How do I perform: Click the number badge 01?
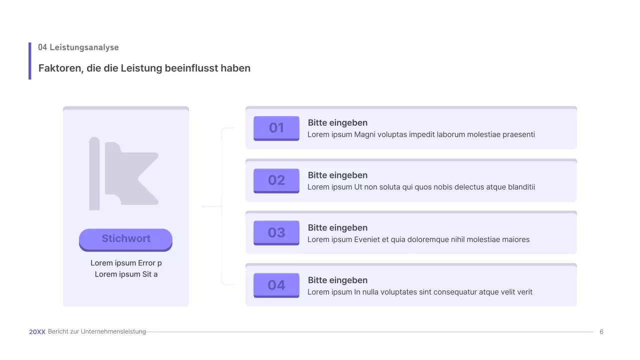[276, 128]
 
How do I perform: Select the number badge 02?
[276, 180]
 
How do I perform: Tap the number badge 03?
[276, 232]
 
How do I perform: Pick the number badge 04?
[276, 285]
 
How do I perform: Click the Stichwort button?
[125, 239]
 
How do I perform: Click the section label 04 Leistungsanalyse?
[78, 47]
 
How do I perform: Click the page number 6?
[601, 332]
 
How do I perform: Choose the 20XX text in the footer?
[37, 332]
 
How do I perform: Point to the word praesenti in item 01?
[517, 134]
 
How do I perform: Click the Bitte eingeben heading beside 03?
[337, 228]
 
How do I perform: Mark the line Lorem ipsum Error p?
[126, 263]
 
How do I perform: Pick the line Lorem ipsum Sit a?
[126, 274]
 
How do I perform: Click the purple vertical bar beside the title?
[30, 61]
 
